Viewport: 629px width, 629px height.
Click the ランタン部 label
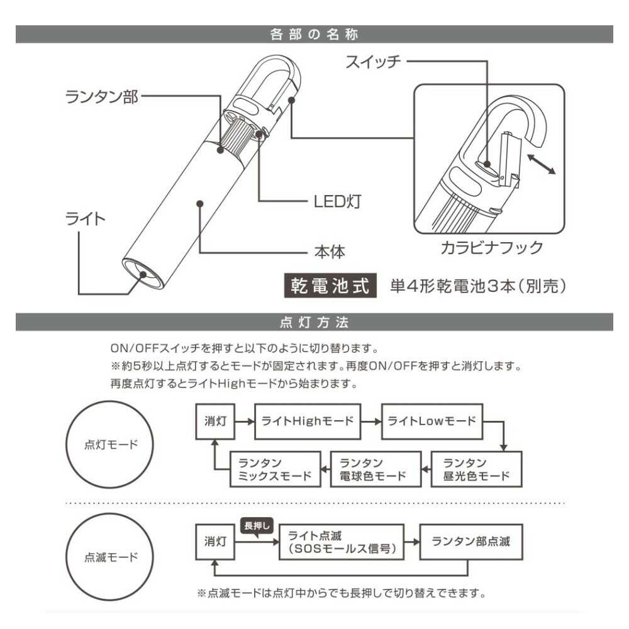(x=101, y=97)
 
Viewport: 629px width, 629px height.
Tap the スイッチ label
(x=372, y=62)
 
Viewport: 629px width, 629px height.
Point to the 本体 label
(x=330, y=252)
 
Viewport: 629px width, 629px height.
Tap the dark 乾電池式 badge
(x=329, y=286)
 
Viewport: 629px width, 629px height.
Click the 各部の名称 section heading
(x=314, y=34)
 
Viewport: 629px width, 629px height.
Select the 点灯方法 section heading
(x=314, y=323)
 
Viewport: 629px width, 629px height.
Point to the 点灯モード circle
(x=111, y=444)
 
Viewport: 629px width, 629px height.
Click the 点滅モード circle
(x=111, y=557)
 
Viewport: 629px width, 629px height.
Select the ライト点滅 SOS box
(x=341, y=542)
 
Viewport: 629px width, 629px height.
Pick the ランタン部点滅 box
(x=469, y=542)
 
